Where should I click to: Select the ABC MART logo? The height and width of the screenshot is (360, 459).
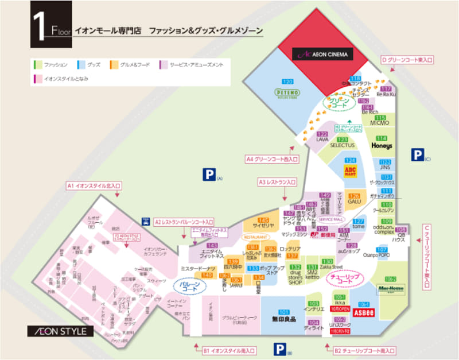351,171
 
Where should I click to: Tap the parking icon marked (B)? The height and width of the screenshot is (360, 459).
279,349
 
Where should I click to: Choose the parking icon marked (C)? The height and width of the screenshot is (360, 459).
417,154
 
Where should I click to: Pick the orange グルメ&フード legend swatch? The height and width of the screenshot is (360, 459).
115,65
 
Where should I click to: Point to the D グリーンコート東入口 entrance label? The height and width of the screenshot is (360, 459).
407,60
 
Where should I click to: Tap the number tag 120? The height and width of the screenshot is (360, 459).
287,81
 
